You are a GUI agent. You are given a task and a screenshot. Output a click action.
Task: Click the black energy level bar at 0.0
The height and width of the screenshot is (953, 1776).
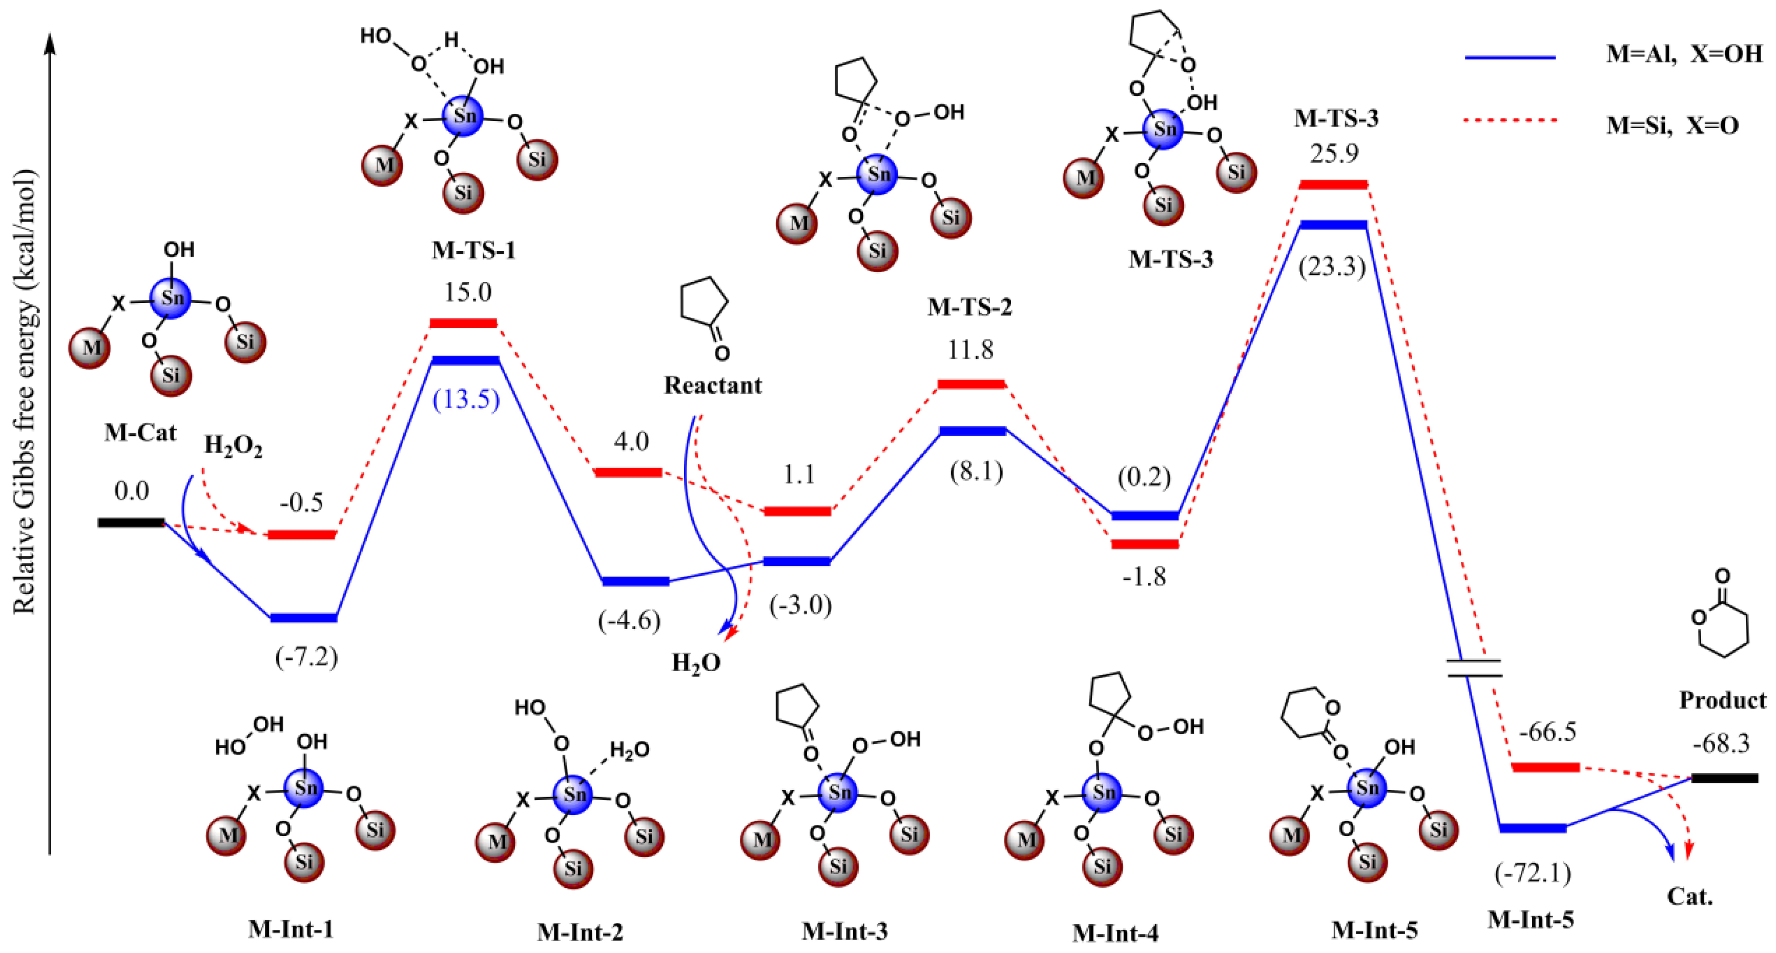point(131,523)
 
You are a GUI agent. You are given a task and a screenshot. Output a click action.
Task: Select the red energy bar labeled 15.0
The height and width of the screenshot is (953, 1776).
point(463,323)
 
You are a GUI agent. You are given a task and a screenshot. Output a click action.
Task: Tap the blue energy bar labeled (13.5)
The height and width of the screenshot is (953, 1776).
point(465,361)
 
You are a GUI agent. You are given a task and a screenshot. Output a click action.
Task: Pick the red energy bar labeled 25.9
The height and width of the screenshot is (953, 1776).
point(1333,185)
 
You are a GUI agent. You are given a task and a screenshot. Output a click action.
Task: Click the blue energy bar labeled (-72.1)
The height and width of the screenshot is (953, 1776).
point(1533,827)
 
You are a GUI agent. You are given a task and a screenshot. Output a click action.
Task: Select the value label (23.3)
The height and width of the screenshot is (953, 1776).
point(1332,266)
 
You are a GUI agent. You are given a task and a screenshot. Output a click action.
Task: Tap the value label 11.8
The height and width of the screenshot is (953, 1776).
point(970,350)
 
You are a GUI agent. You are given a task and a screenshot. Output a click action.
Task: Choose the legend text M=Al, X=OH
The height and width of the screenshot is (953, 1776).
point(1684,54)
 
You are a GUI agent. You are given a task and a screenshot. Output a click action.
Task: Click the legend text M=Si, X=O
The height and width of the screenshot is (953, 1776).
point(1672,126)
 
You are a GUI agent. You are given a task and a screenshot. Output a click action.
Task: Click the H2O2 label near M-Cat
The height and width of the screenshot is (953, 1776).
point(233,447)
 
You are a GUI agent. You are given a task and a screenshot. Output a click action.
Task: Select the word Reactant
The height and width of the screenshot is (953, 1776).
point(713,385)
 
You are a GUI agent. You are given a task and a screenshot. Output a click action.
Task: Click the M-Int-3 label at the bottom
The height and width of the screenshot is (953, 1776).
point(844,931)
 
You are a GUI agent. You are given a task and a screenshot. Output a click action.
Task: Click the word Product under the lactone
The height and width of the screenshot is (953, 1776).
point(1722,701)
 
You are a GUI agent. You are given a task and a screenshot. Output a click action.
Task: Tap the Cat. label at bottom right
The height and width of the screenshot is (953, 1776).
point(1690,897)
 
